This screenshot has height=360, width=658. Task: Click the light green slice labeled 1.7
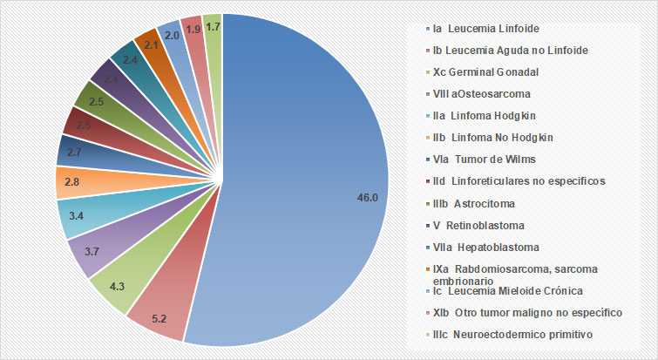tap(212, 27)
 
